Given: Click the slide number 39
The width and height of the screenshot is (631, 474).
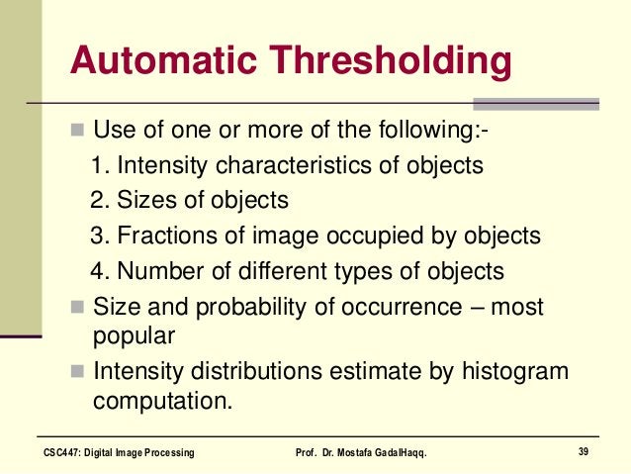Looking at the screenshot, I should coord(584,452).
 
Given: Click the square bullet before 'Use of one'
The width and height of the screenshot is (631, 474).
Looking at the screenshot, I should coord(78,130).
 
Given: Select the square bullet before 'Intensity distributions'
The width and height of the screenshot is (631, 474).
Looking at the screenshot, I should coord(78,372).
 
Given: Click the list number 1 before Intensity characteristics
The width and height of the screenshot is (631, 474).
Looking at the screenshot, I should coord(96,164).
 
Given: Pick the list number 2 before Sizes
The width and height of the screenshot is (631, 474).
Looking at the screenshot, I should coord(96,200).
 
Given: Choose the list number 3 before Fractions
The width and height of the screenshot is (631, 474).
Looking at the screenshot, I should coord(96,236).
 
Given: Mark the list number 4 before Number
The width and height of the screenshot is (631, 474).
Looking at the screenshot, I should coord(96,271).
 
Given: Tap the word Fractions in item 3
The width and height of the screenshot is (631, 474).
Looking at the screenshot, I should coord(163,236).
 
